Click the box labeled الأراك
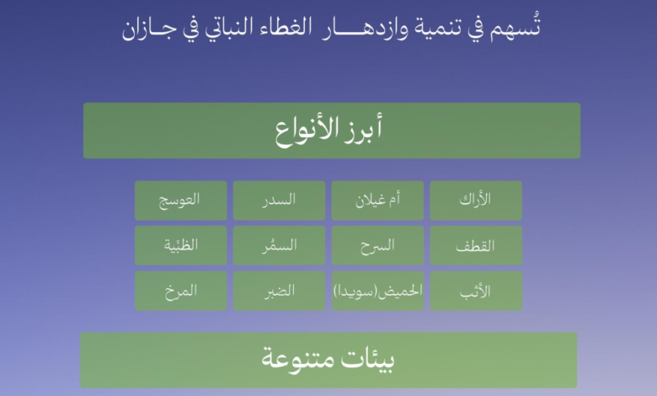tap(476, 201)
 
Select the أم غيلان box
tap(377, 201)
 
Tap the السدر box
tap(279, 201)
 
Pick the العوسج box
tap(180, 201)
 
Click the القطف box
tap(476, 246)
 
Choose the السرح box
tap(377, 246)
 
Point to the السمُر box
tap(279, 246)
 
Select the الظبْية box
tap(180, 246)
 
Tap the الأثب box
tap(476, 292)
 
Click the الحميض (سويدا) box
tap(377, 292)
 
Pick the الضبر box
tap(279, 292)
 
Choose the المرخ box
tap(180, 292)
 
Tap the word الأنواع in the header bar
tap(308, 131)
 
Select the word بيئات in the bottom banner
tap(368, 360)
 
